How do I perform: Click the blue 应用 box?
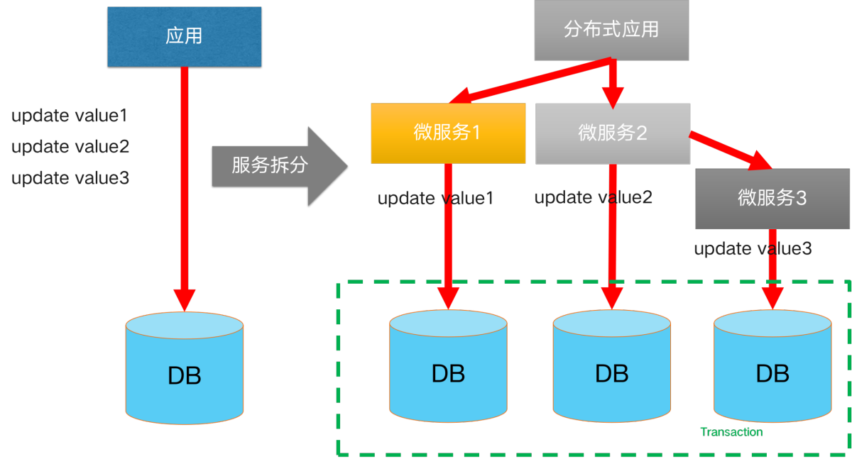(x=185, y=37)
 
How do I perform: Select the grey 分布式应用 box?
(x=611, y=30)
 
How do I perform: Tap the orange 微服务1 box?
(x=448, y=133)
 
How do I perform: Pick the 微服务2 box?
(x=613, y=133)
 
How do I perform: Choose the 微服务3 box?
(x=772, y=199)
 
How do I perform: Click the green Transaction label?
(x=731, y=432)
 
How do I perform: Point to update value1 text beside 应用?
(x=70, y=116)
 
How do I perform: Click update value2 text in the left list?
(x=70, y=147)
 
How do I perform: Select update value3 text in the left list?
(x=70, y=178)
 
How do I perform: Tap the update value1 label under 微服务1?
(x=435, y=199)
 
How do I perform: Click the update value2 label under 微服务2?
(x=593, y=197)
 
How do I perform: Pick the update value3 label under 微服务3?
(x=753, y=249)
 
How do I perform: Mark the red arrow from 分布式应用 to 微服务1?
(x=532, y=80)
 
